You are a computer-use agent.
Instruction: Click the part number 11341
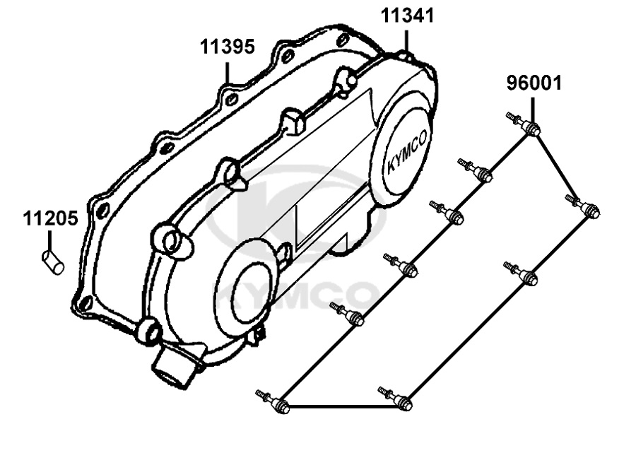pyautogui.click(x=407, y=16)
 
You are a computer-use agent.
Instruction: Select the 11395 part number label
pyautogui.click(x=227, y=47)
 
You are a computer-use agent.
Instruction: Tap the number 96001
pyautogui.click(x=534, y=83)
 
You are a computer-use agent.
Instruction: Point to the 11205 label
pyautogui.click(x=50, y=218)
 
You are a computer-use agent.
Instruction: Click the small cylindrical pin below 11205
pyautogui.click(x=53, y=262)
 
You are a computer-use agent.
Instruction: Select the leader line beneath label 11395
pyautogui.click(x=227, y=73)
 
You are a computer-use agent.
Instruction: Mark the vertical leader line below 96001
pyautogui.click(x=533, y=110)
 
